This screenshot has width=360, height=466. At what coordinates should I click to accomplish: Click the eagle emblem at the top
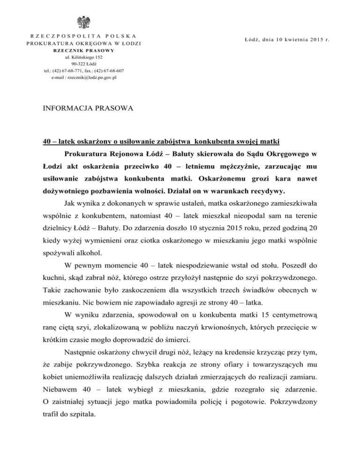(x=85, y=23)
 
